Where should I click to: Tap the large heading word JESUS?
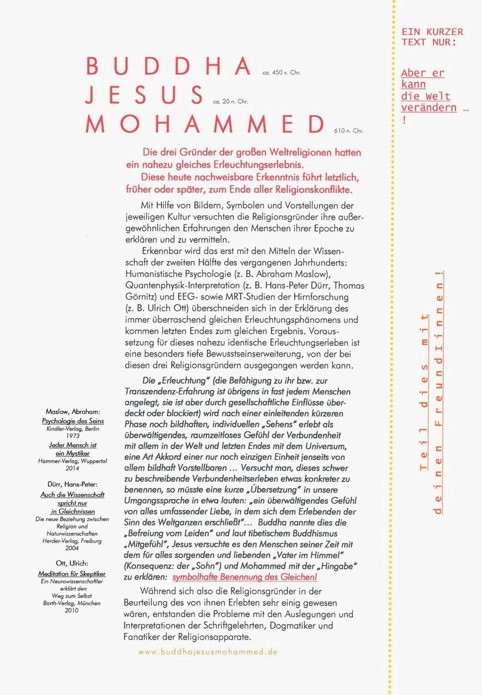pos(144,94)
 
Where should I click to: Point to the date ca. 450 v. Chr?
pos(282,73)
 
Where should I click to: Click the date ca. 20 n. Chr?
pos(231,102)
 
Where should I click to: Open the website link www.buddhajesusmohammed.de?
pos(208,651)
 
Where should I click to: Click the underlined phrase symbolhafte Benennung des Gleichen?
pos(245,577)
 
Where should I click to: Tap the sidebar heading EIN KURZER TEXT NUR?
pos(432,37)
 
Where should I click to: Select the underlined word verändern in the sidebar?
pos(428,108)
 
